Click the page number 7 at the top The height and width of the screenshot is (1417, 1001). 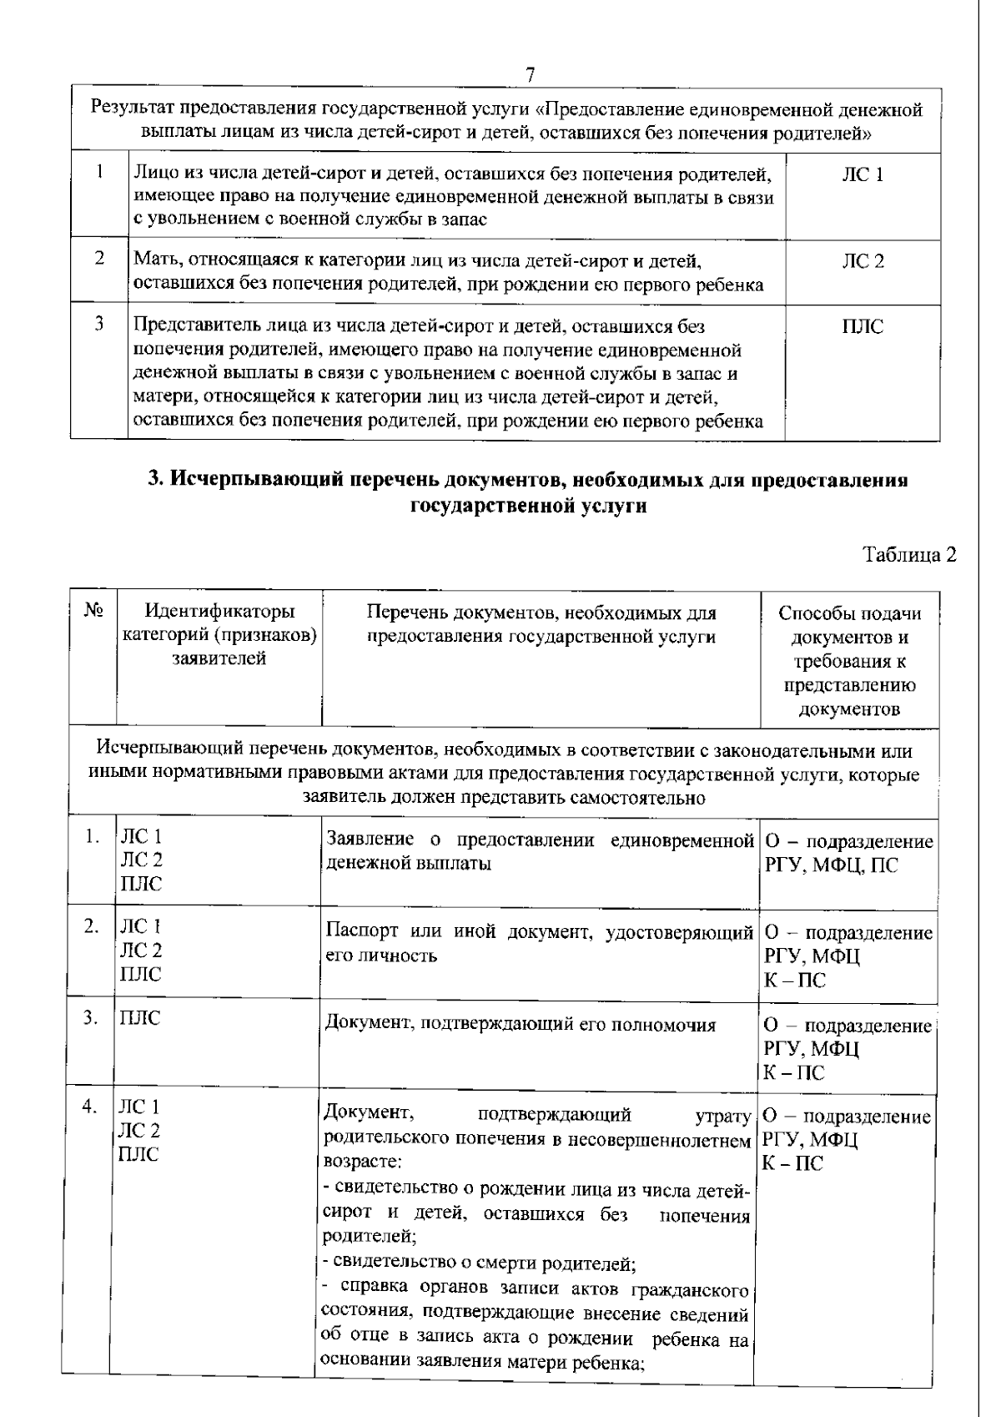pyautogui.click(x=530, y=74)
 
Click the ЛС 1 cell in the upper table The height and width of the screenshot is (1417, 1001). pyautogui.click(x=863, y=174)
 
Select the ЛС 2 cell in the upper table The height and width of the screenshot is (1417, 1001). pyautogui.click(x=863, y=262)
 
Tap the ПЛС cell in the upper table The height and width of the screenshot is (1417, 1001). pyautogui.click(x=863, y=326)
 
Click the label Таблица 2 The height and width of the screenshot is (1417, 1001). pyautogui.click(x=908, y=555)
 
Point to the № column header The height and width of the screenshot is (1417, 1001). pyautogui.click(x=93, y=611)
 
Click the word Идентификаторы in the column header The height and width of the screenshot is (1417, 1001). pyautogui.click(x=219, y=613)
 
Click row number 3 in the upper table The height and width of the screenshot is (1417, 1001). pyautogui.click(x=98, y=325)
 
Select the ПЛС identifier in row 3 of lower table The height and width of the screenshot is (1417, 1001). pyautogui.click(x=140, y=1017)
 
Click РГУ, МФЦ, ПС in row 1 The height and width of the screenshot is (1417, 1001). pyautogui.click(x=831, y=865)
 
